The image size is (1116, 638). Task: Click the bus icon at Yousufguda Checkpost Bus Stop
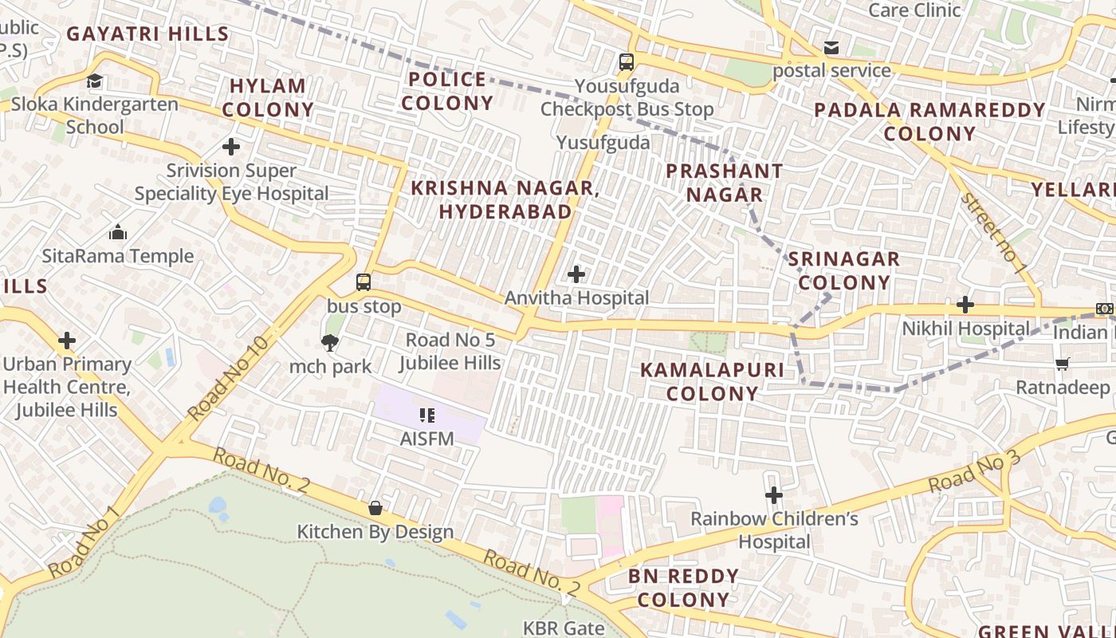(x=627, y=61)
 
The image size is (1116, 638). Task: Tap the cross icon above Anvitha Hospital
(x=576, y=274)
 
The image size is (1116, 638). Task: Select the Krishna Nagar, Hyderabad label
(x=505, y=199)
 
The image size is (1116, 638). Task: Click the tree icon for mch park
(x=329, y=343)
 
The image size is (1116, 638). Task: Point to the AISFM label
(x=426, y=438)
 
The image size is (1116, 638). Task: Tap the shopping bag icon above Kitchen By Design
(x=375, y=508)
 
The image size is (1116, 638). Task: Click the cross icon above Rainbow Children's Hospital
(x=773, y=495)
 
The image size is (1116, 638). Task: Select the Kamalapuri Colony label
(x=712, y=381)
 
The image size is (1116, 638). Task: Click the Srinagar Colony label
(x=844, y=270)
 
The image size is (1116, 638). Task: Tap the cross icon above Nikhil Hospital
(x=965, y=304)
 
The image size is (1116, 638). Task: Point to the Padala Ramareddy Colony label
(x=929, y=121)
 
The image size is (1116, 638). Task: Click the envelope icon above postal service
(x=831, y=48)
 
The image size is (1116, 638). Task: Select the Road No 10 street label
(x=229, y=378)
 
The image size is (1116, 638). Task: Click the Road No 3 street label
(x=973, y=471)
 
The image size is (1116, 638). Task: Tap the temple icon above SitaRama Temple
(x=118, y=232)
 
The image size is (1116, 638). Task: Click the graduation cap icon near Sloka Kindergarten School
(x=95, y=81)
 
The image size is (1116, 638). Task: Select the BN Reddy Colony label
(x=683, y=588)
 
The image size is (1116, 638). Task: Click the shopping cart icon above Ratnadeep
(x=1062, y=364)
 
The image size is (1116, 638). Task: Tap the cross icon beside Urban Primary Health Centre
(x=67, y=341)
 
